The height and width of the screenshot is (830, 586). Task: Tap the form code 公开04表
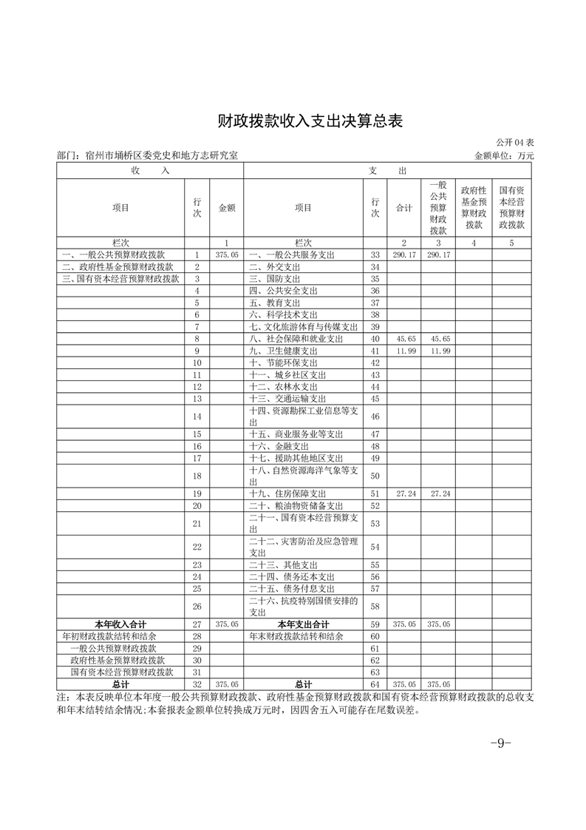[515, 142]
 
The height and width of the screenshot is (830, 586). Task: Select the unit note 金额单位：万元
[504, 156]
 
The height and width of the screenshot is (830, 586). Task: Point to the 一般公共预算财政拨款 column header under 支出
[438, 207]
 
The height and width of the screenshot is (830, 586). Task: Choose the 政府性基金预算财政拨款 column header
[473, 207]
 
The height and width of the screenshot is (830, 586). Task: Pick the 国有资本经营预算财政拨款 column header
[511, 207]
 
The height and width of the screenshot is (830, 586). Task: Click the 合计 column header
[404, 208]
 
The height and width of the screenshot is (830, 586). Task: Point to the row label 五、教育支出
[274, 303]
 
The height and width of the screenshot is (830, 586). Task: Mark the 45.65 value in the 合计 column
[404, 339]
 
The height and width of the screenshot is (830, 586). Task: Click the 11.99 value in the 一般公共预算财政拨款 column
[438, 351]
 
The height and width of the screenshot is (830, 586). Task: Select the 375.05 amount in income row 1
[227, 254]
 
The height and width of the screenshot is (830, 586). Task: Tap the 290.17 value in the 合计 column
[404, 254]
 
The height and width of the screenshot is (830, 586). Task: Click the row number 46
[375, 416]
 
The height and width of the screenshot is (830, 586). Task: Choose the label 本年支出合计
[303, 624]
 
